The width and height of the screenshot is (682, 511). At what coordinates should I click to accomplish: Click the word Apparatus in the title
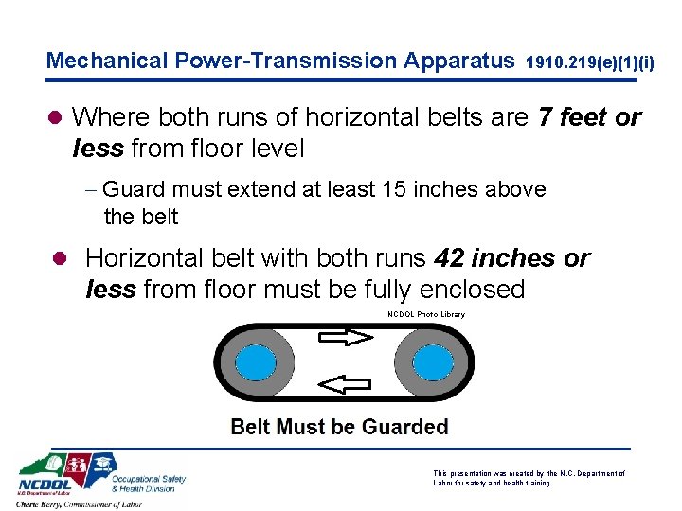[x=458, y=62]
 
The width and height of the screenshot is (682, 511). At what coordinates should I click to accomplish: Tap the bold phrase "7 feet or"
[x=589, y=117]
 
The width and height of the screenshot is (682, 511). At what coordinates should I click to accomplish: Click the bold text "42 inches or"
[x=511, y=257]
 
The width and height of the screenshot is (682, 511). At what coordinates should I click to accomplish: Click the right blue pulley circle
[x=429, y=361]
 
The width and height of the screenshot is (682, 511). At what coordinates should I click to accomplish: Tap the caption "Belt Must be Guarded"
[x=339, y=427]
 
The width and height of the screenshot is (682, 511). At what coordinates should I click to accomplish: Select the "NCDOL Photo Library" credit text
[x=426, y=314]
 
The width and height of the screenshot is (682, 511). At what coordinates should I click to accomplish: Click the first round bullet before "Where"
[x=54, y=117]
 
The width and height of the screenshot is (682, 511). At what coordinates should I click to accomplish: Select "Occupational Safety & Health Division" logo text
[x=150, y=484]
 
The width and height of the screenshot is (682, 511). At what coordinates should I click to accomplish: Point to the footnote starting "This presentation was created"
[x=529, y=477]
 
